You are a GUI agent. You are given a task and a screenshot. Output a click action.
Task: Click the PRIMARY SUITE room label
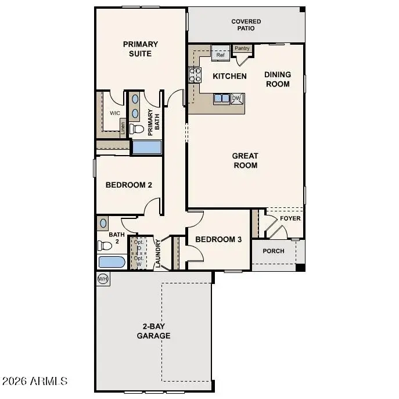(140, 49)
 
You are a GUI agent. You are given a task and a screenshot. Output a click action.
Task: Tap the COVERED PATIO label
(246, 25)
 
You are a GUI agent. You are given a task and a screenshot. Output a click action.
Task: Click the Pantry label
(242, 49)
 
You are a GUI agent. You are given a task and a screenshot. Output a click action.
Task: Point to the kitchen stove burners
(195, 75)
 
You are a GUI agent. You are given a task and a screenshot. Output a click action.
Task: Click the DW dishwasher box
(236, 99)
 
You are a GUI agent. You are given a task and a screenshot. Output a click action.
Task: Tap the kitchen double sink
(221, 99)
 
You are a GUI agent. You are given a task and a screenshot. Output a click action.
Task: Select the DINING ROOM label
(278, 78)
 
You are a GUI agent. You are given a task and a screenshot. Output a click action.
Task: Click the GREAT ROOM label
(245, 160)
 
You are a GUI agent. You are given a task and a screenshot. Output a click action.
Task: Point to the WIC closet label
(114, 113)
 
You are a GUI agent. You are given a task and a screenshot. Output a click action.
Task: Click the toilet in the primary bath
(136, 128)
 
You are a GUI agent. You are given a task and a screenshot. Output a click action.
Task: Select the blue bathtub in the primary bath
(146, 147)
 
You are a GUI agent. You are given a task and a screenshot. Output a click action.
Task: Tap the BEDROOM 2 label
(128, 185)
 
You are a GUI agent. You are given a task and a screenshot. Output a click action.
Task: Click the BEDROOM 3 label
(218, 239)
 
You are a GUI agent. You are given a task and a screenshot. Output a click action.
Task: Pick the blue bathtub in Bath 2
(112, 262)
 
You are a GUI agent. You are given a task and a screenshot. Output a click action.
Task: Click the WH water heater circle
(103, 279)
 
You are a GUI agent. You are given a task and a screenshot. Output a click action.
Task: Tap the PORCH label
(274, 251)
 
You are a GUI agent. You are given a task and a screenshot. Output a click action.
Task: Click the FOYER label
(290, 218)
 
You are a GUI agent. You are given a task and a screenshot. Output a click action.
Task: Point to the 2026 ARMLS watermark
(34, 382)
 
